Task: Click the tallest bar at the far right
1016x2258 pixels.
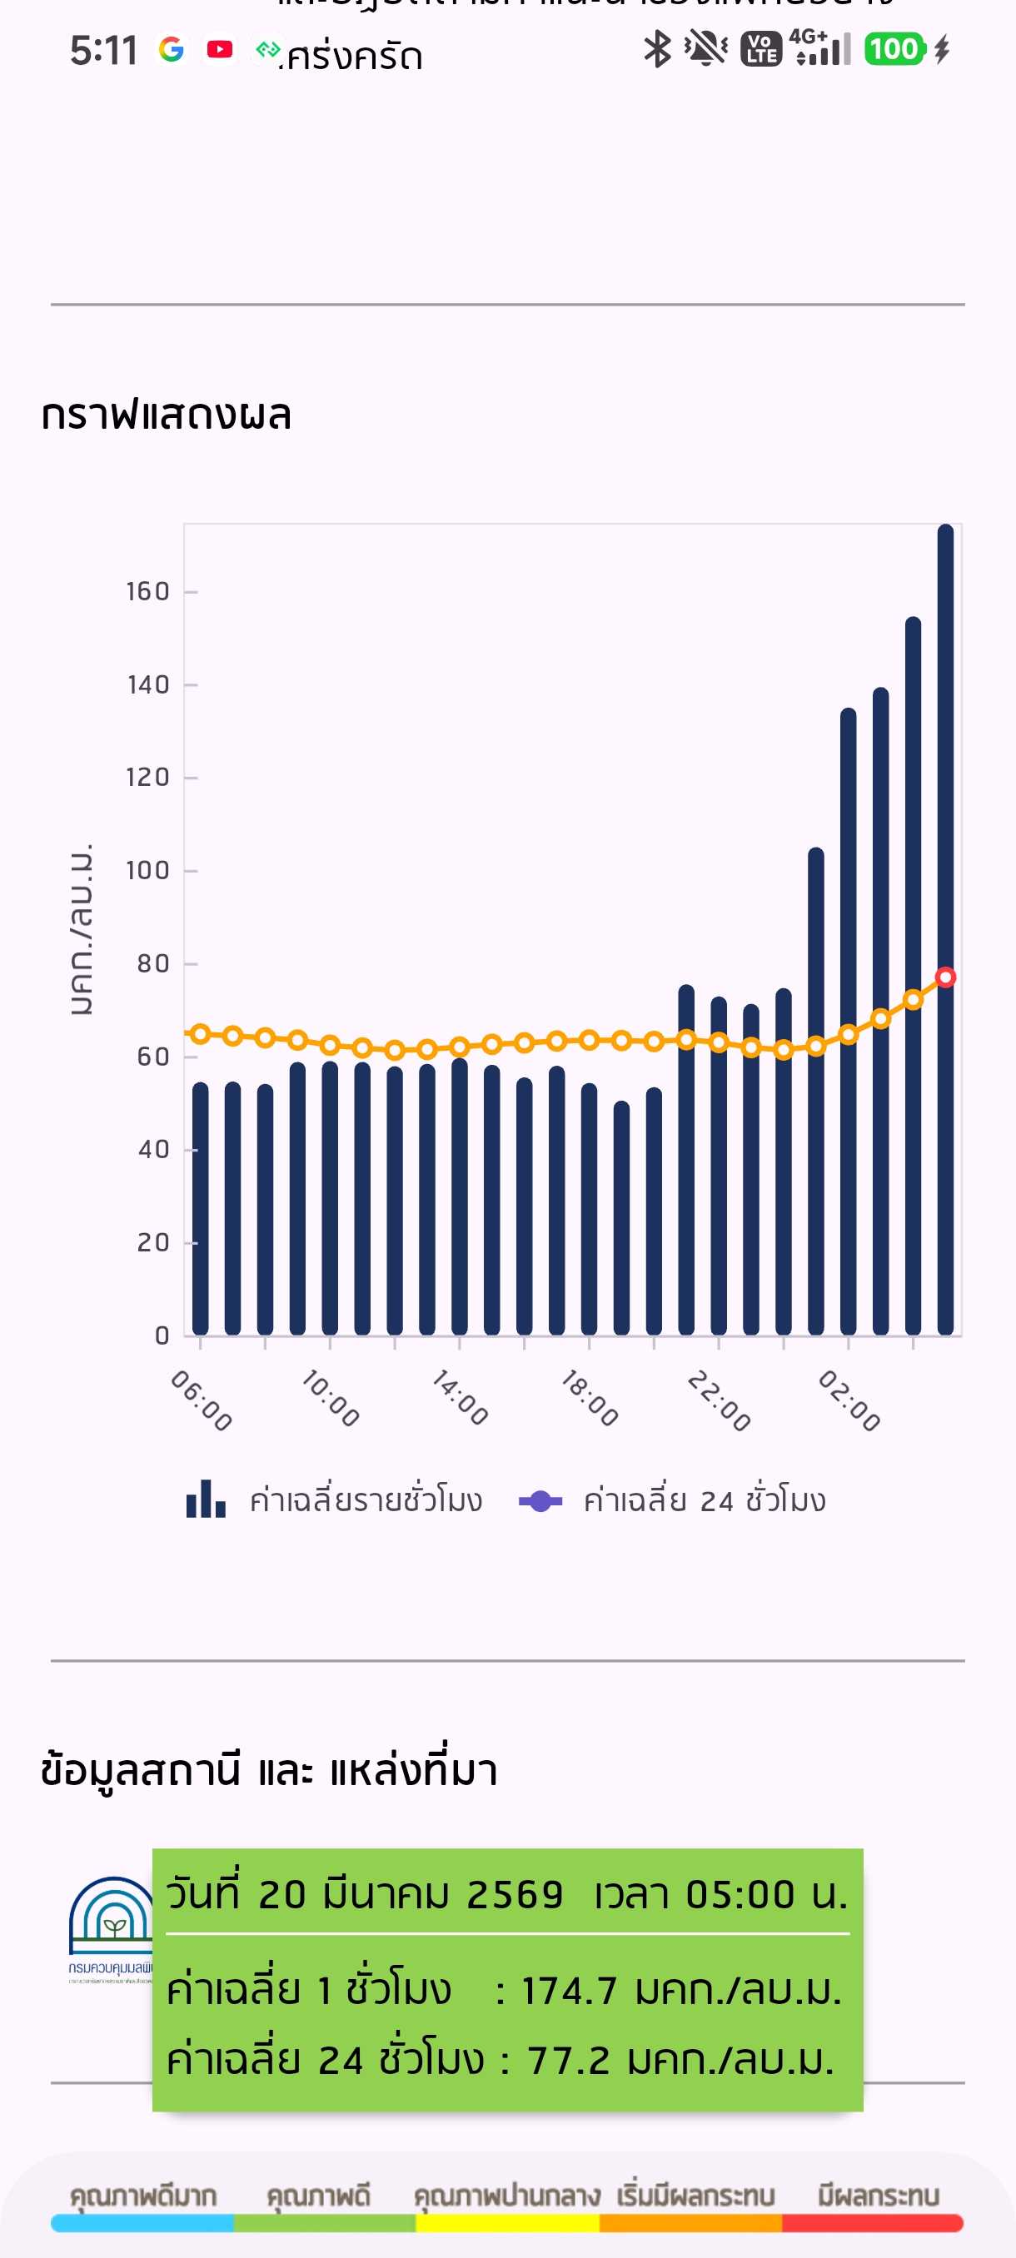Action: tap(945, 929)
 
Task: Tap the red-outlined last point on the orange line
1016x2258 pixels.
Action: tap(945, 977)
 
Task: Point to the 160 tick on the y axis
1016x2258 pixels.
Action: tap(148, 592)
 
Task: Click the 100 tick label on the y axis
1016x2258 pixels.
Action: tap(148, 870)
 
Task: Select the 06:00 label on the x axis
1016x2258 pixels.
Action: tap(202, 1400)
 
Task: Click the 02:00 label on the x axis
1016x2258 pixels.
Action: tap(849, 1400)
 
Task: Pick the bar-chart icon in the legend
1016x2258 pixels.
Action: tap(206, 1499)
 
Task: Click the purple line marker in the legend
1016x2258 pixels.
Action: tap(540, 1500)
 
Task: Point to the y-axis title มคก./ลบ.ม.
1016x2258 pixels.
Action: tap(81, 929)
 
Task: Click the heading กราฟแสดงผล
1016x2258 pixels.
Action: tap(166, 415)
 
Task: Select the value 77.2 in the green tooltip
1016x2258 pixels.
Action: tap(568, 2060)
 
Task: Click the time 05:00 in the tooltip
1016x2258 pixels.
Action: tap(740, 1894)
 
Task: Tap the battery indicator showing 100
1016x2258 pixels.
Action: tap(894, 49)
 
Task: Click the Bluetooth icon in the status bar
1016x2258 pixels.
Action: tap(656, 49)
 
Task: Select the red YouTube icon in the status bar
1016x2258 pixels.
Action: tap(219, 49)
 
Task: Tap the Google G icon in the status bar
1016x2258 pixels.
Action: tap(171, 49)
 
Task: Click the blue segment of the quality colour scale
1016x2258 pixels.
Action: tap(142, 2223)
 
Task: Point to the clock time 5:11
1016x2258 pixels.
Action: tap(103, 51)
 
